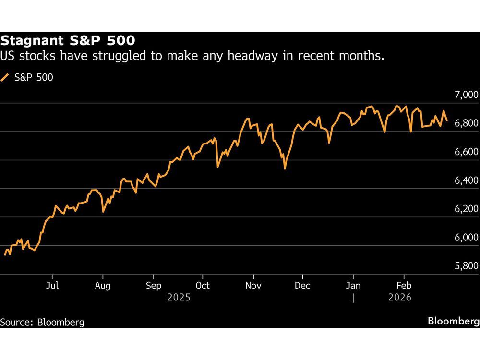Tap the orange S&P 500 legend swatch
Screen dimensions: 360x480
click(x=5, y=77)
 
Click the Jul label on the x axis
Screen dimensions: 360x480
click(x=52, y=286)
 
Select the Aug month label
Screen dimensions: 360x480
click(x=102, y=286)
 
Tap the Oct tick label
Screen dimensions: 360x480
click(x=203, y=286)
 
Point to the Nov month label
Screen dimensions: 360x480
click(x=253, y=286)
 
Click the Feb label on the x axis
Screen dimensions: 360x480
click(x=404, y=286)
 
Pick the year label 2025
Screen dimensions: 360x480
click(x=179, y=298)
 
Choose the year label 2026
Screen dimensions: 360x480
click(x=399, y=298)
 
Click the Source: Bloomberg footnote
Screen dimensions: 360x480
click(x=42, y=322)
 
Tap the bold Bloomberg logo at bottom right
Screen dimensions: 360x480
click(x=453, y=321)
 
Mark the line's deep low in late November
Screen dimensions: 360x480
click(x=285, y=168)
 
